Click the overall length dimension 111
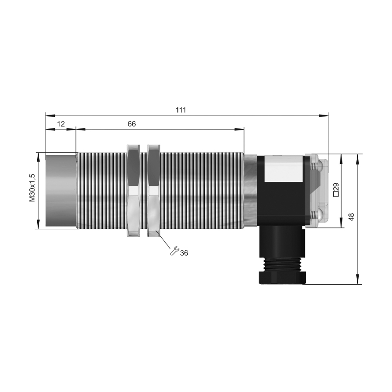coord(181,110)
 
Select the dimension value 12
coord(61,124)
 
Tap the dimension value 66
coord(132,124)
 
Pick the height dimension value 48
coord(351,217)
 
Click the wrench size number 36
coord(184,253)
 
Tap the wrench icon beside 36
coord(174,251)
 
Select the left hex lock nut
coord(133,191)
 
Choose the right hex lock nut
coord(154,191)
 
